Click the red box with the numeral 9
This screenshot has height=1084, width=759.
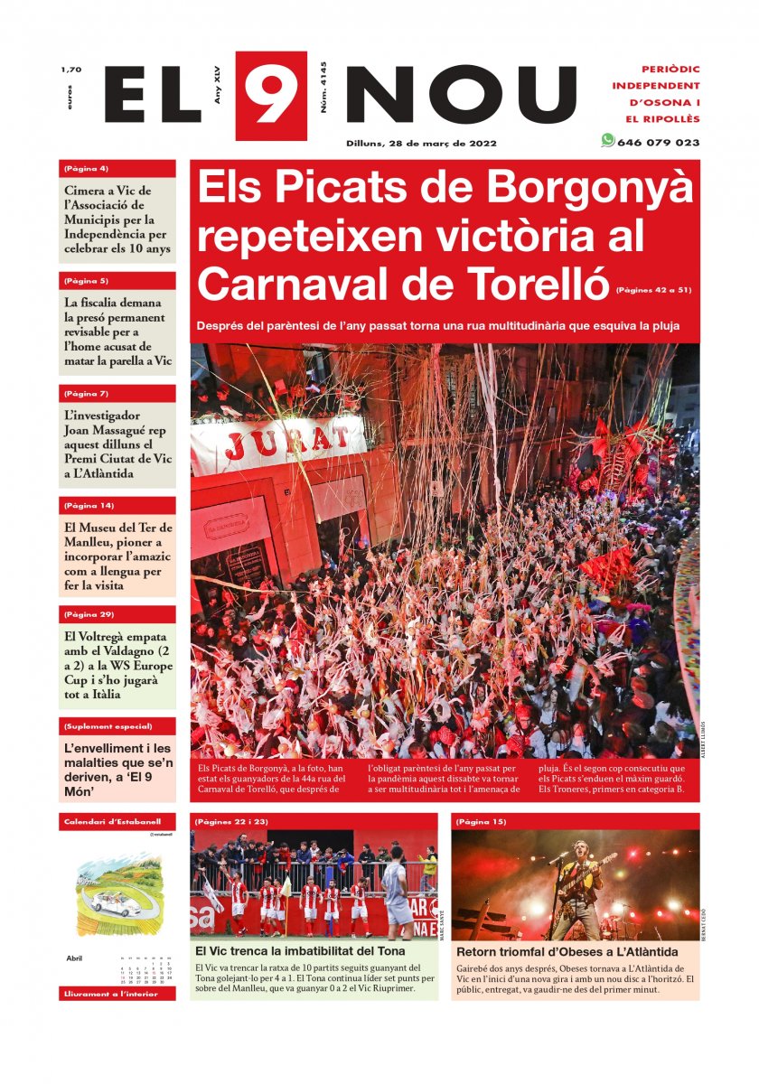tap(270, 96)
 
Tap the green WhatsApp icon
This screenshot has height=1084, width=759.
tap(607, 141)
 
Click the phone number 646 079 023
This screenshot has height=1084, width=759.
tap(658, 143)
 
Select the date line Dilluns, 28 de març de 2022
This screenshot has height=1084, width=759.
tap(421, 143)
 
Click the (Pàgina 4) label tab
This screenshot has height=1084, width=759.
tap(87, 169)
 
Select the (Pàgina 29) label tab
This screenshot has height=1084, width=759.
tap(89, 614)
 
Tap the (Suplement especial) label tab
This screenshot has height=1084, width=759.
tap(107, 726)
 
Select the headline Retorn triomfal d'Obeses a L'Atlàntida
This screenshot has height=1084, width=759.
tap(567, 952)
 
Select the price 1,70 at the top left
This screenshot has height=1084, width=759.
tap(70, 70)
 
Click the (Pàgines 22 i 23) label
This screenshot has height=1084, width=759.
tap(230, 822)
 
